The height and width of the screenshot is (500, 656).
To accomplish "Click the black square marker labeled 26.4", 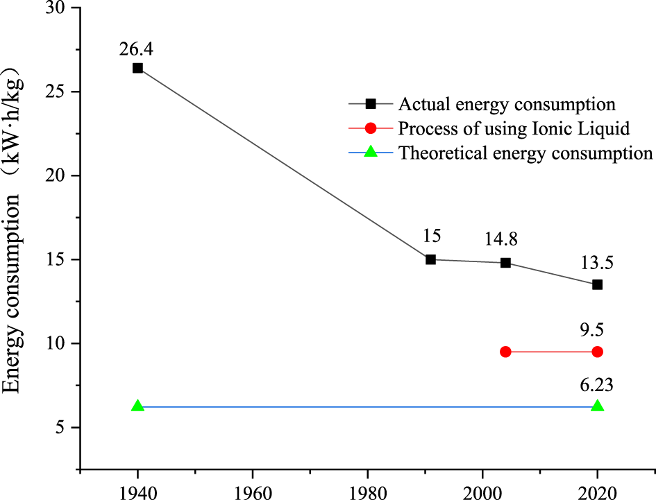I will (137, 68).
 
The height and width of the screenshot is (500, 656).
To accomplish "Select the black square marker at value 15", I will (430, 259).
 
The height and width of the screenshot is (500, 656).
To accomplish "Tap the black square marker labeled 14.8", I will (505, 263).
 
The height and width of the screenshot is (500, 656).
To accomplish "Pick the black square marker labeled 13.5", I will (597, 284).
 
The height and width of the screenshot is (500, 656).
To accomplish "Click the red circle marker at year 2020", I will (597, 352).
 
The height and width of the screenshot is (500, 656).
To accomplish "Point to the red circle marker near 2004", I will (505, 352).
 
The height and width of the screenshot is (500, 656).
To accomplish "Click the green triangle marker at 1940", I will (137, 406).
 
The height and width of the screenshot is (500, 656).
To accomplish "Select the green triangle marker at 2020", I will (597, 406).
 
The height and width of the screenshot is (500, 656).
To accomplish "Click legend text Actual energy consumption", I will (507, 105).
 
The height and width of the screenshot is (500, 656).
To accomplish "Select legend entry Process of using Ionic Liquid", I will (514, 128).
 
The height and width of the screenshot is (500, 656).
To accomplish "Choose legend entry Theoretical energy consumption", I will (525, 153).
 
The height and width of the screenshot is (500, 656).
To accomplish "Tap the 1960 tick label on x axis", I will (252, 492).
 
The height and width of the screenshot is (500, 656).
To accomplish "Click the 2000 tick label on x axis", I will (482, 492).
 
